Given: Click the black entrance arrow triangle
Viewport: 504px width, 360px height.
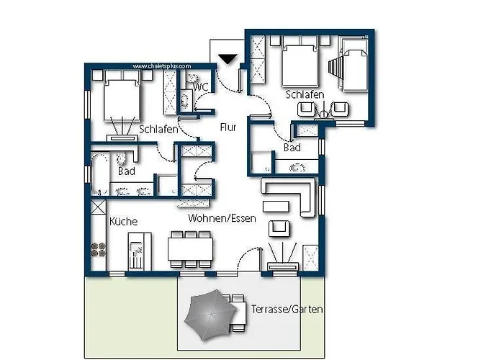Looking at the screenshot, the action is point(228,60).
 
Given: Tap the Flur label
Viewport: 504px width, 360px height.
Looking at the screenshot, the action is point(228,127).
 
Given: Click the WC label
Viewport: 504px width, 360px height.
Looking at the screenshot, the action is point(201,87).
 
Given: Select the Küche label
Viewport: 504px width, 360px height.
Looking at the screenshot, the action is point(123,221).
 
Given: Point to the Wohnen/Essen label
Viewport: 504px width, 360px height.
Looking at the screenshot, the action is point(222,218).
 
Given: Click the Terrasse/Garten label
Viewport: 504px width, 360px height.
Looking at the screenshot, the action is point(287,309).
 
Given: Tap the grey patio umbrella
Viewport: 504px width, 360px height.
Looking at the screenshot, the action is point(210,315).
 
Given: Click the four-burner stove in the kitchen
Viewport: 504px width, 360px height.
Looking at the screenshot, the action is point(99,250).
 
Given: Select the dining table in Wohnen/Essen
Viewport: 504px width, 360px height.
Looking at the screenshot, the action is point(190,249).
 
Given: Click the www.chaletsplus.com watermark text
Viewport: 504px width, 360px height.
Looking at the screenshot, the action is point(162,66).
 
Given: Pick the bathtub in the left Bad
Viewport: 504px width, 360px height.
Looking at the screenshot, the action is point(101,174).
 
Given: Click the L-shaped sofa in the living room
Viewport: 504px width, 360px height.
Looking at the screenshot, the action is point(288,197).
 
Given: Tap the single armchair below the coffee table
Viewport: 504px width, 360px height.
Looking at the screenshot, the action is point(279,228).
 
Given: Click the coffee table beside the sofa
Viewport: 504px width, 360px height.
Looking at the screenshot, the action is point(276,207).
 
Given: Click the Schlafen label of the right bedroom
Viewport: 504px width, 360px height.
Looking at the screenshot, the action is point(305,94).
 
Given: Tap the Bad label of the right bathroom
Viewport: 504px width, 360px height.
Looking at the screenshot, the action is point(292,148).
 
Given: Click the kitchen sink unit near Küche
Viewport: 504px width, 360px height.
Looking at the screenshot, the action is point(140,251).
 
